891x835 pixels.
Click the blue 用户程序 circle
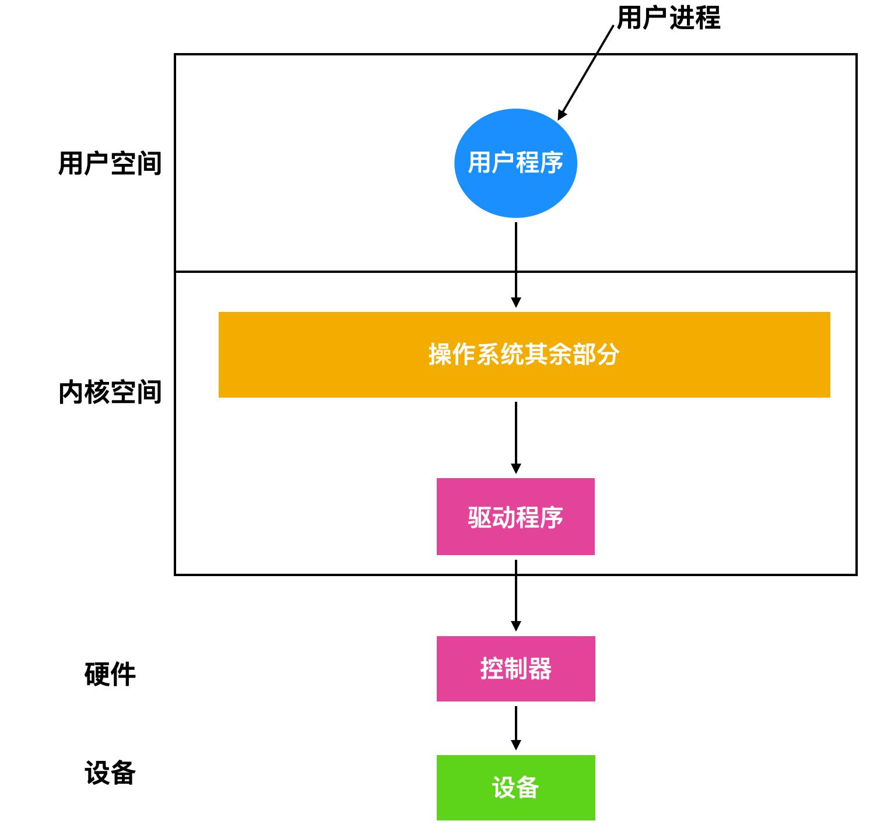tap(515, 163)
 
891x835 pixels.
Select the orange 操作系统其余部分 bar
tap(524, 355)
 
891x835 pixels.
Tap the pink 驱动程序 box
tap(515, 517)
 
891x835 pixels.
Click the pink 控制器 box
tap(515, 668)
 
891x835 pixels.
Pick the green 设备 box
tap(515, 787)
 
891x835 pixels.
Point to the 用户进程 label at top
tap(668, 17)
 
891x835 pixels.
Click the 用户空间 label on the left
tap(110, 163)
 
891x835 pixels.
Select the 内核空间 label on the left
tap(110, 392)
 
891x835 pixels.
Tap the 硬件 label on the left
tap(110, 675)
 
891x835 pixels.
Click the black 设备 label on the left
tap(110, 773)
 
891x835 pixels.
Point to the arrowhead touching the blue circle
tap(562, 114)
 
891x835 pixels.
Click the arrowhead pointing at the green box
tap(515, 745)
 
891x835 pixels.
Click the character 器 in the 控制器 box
tap(540, 669)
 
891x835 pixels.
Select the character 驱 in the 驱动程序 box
tap(479, 517)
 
